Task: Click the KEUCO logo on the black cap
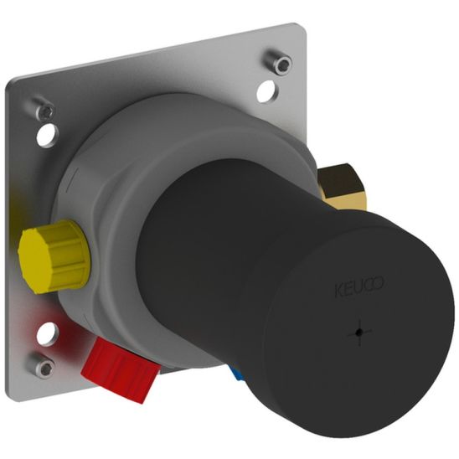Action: [359, 286]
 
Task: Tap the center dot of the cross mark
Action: [359, 333]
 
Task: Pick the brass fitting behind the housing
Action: [342, 187]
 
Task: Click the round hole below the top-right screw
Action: [267, 91]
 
